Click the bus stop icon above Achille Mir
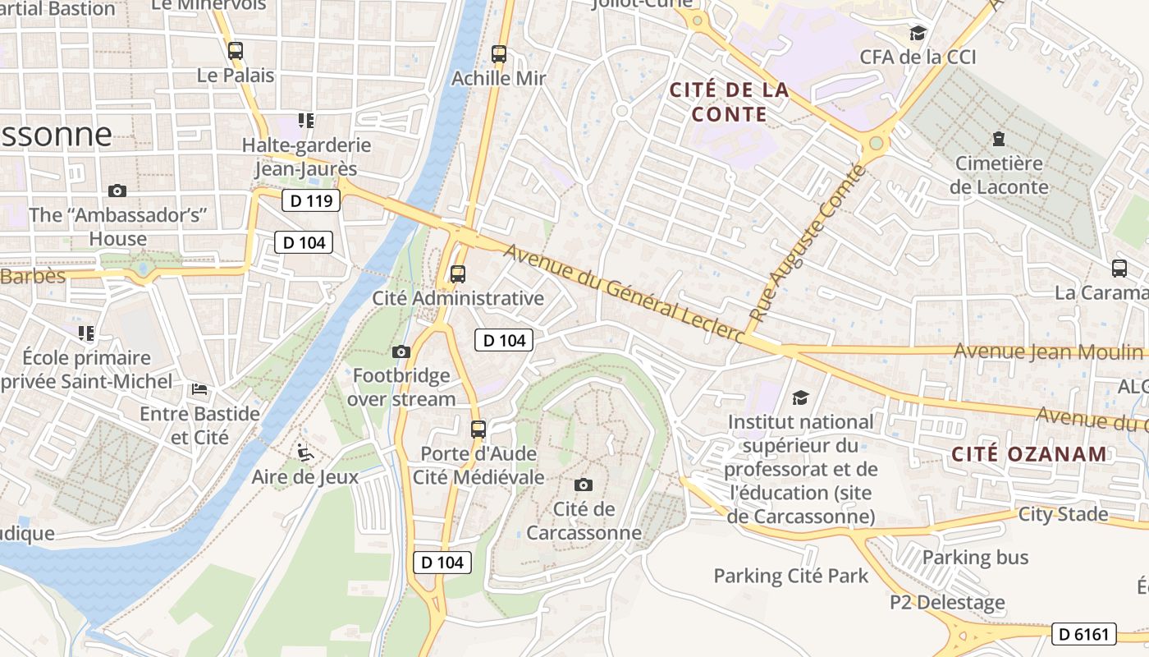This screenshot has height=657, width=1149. coord(499,54)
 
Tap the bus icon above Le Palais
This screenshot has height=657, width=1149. coord(236,51)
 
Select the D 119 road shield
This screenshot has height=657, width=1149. coord(311,200)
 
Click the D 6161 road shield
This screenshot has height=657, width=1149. coord(1084,633)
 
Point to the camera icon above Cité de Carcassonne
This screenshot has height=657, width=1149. coord(584,485)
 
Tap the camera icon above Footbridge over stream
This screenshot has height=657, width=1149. coord(401,351)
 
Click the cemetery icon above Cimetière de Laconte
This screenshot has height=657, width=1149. coord(999,139)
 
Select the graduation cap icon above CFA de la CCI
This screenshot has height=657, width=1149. coord(918,33)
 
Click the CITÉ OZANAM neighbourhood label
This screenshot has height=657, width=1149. coord(1029,453)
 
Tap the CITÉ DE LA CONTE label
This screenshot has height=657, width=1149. coord(729,102)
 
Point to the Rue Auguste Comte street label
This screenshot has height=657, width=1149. coord(808,243)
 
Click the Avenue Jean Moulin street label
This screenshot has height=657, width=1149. coord(1048,351)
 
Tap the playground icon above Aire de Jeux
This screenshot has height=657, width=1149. coord(304,452)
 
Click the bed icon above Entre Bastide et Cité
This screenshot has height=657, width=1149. coord(199,388)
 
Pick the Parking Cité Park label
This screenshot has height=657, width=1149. coord(790,576)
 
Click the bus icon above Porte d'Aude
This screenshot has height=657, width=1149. coord(478,429)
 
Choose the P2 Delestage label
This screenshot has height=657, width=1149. coord(947,602)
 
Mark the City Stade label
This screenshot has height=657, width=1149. coord(1063,514)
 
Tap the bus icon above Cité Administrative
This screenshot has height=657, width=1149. coord(458,274)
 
